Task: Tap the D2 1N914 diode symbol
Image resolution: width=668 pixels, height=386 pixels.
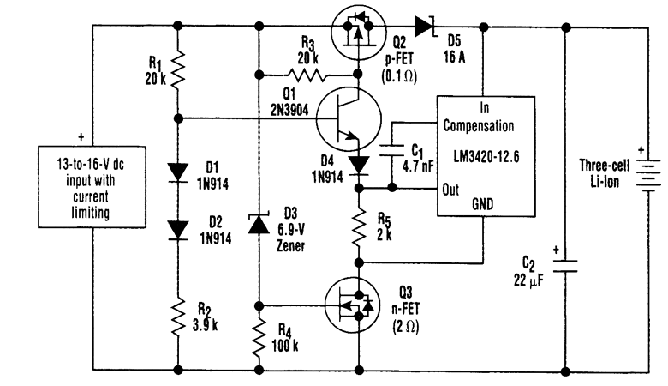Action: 178,228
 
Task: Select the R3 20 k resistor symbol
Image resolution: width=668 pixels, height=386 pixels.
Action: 304,75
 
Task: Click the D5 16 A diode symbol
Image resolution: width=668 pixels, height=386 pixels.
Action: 424,27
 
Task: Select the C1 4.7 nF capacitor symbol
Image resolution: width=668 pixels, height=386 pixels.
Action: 391,154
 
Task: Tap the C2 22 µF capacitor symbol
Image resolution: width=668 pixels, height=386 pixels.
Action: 566,266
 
